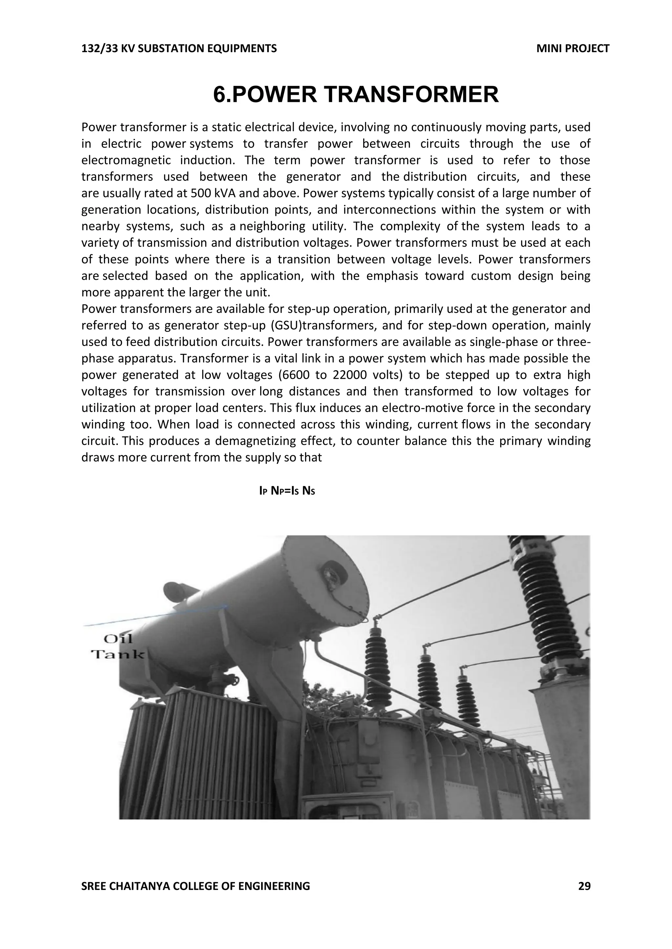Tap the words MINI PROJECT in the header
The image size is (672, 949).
coord(572,49)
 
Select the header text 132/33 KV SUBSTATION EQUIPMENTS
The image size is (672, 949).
coord(179,49)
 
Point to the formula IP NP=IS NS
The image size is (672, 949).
coord(287,491)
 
